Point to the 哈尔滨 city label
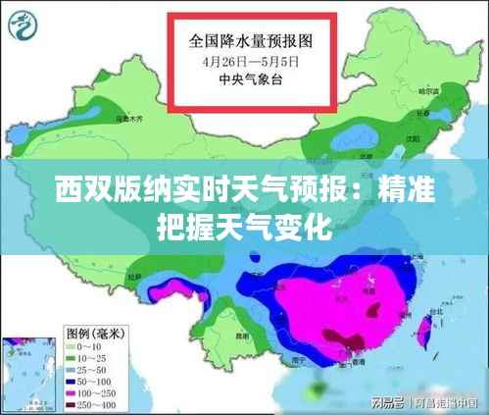pyautogui.click(x=428, y=91)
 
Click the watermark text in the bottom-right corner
pyautogui.click(x=422, y=403)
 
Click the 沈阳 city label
pyautogui.click(x=399, y=140)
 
